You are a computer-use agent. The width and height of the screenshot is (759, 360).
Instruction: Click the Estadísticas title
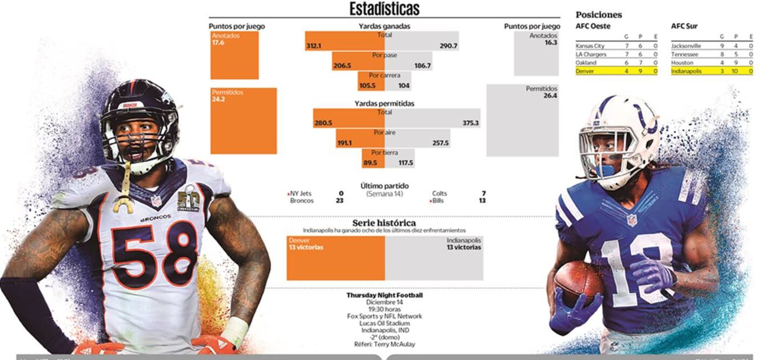click(x=384, y=9)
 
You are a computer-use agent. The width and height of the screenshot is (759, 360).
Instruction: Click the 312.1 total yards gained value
click(x=313, y=46)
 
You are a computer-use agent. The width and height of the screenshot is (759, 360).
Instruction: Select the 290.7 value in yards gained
click(x=448, y=46)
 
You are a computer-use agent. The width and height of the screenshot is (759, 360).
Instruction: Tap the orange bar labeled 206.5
click(x=358, y=61)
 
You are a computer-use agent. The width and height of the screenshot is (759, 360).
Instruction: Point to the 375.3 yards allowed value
click(x=471, y=123)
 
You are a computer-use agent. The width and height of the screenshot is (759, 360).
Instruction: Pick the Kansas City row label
click(x=590, y=46)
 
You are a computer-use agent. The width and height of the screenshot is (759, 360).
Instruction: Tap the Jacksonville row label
click(x=686, y=46)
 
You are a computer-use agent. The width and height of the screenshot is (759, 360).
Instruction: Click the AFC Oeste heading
click(x=593, y=26)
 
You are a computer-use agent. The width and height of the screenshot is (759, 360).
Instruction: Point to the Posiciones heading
click(x=599, y=15)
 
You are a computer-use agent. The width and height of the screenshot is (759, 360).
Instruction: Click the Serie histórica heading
click(x=384, y=223)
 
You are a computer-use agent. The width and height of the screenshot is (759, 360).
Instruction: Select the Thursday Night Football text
click(x=384, y=296)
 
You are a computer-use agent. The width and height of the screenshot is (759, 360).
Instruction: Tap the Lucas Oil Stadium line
click(x=384, y=323)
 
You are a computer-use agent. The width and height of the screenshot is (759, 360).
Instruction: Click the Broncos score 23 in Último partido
click(x=339, y=201)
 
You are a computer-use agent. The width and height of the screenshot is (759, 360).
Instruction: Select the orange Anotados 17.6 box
click(x=234, y=55)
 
